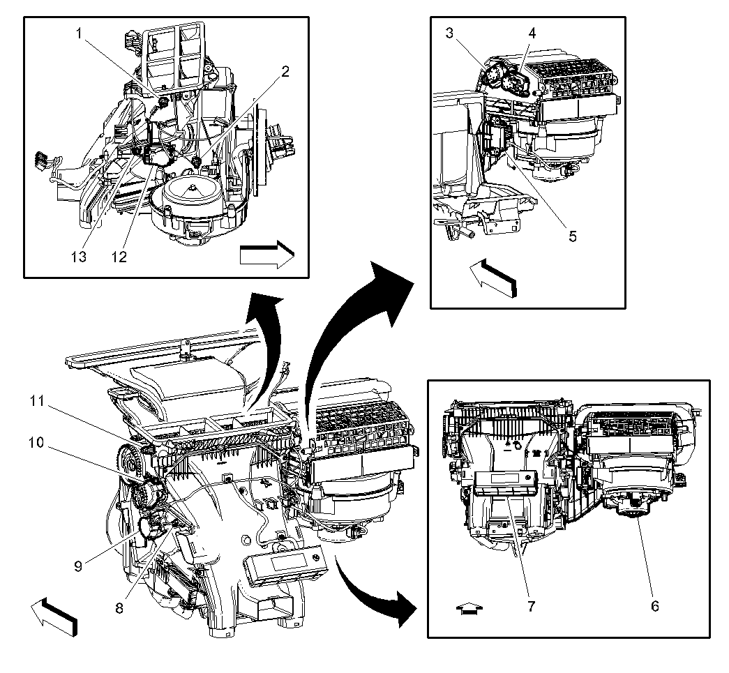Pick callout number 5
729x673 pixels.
point(572,236)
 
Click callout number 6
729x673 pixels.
point(654,605)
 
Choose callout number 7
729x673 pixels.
point(531,605)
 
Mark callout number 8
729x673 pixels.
point(119,607)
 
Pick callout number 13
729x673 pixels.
point(79,257)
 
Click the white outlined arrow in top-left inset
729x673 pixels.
point(266,255)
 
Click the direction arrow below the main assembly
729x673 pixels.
point(54,616)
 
